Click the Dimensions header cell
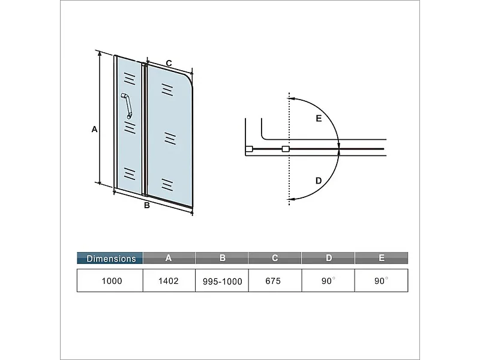coord(110,259)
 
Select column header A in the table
coord(169,258)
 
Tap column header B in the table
coord(222,258)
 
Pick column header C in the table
coord(275,258)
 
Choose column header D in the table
coord(328,258)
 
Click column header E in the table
coord(382,258)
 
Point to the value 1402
coord(169,280)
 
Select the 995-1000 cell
coord(222,281)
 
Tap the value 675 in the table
coord(275,280)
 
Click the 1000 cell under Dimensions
coord(110,280)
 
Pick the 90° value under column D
coord(328,280)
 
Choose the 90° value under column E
coord(382,280)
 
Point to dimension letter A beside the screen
coord(94,129)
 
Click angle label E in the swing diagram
coord(319,119)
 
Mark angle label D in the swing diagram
coord(319,180)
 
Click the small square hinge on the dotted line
coord(286,148)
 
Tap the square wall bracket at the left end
coord(248,148)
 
